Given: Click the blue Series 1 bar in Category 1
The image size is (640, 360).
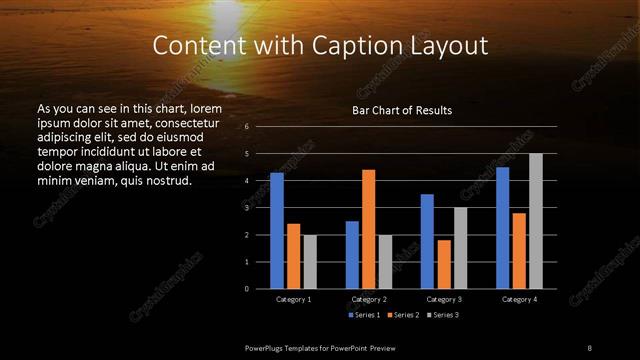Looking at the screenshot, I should coord(277,231).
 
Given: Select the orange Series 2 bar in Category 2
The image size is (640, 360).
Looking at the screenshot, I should coord(369,229).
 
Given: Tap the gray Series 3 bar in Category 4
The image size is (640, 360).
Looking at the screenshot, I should coord(535,221).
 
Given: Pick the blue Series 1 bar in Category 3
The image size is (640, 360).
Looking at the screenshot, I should coord(427,241).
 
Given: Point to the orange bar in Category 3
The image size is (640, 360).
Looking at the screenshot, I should coord(444,264).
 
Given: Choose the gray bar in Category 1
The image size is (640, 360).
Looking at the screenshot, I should coord(310,261).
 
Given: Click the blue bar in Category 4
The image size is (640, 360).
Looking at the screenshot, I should coord(502,228).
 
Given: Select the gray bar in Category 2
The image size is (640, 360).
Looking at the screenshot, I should coord(385,261).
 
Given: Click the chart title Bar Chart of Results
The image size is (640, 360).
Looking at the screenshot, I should coord(402,110).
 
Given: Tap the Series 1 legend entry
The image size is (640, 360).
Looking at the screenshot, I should coord(362,315).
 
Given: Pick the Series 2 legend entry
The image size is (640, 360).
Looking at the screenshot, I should coord(403,315).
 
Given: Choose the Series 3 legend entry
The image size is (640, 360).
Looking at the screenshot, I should coord(444,315).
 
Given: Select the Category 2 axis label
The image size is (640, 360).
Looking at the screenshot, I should coord(369,299).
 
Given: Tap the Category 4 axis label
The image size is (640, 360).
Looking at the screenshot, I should coord(519,299).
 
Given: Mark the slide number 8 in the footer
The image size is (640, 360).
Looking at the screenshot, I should coord(589,347).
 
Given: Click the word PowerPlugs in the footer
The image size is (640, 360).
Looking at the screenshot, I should coord(266,347).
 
